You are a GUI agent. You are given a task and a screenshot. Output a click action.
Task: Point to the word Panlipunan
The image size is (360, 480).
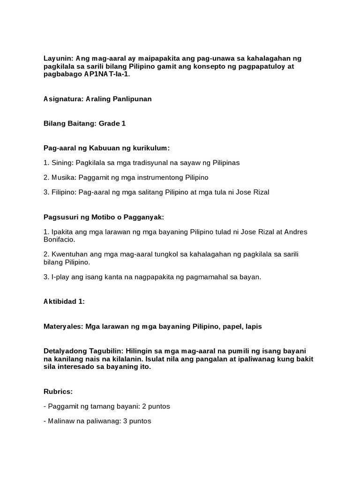point(133,99)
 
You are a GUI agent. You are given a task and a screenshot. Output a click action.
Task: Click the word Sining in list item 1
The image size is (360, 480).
point(61,163)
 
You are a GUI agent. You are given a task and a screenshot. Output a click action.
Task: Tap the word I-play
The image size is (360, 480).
point(60,277)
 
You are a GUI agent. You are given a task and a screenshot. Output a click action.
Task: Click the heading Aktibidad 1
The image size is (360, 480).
point(64,301)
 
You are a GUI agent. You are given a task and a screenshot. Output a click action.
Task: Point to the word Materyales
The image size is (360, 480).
point(63,326)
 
